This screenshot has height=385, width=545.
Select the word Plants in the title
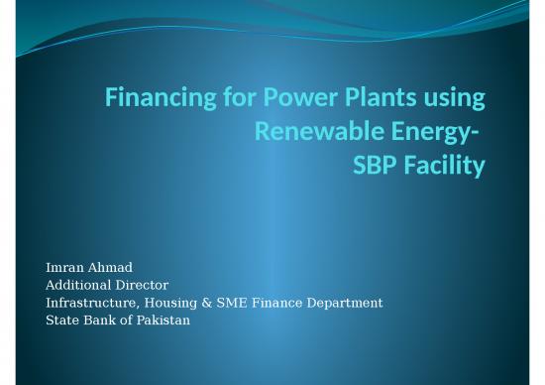click(x=373, y=98)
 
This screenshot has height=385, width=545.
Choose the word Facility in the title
click(x=442, y=165)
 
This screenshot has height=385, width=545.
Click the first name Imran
click(x=66, y=268)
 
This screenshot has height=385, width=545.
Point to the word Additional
click(x=82, y=285)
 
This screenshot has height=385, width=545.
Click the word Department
click(x=343, y=303)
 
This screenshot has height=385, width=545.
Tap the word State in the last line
click(x=63, y=320)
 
